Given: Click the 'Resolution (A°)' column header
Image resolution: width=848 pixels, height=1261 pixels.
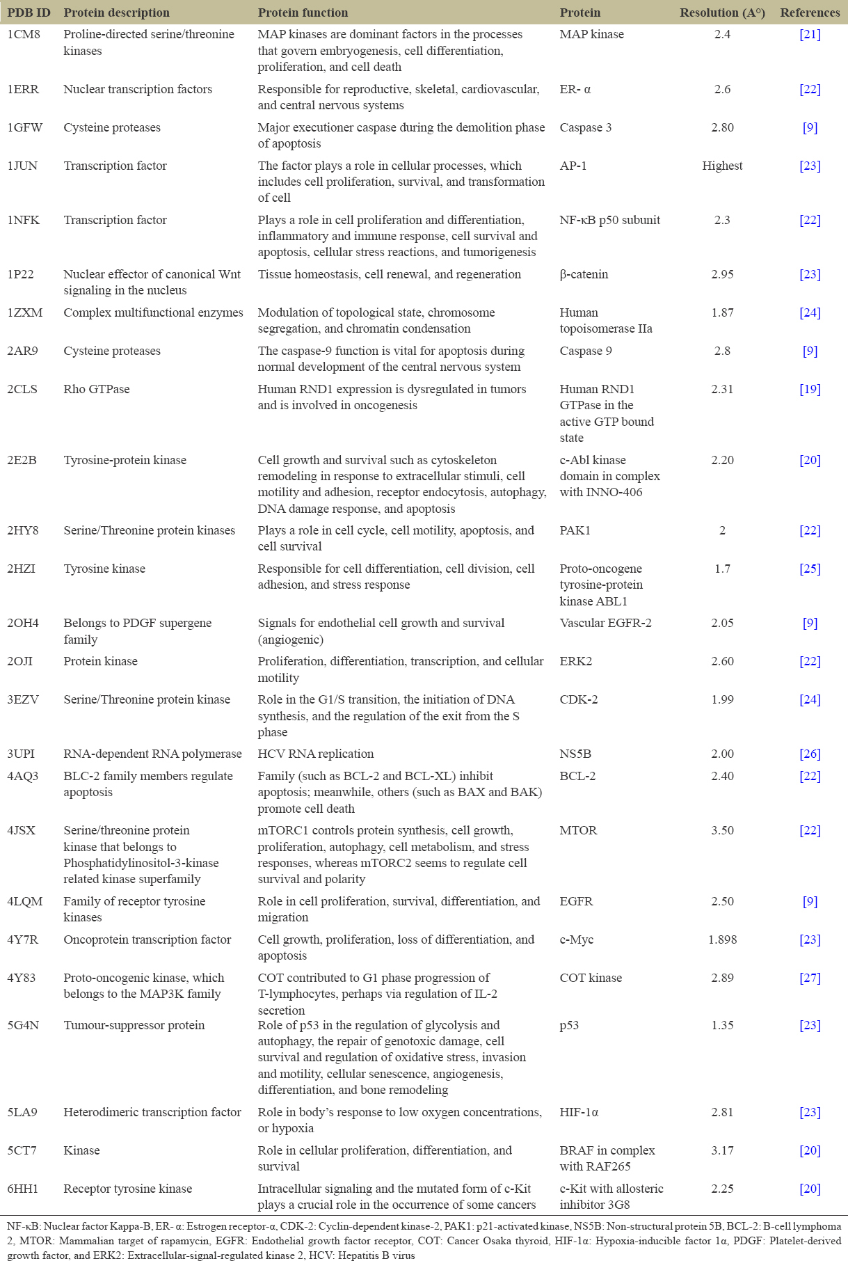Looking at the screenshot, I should (722, 13).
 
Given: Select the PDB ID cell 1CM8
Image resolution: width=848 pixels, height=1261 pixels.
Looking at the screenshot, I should (24, 34).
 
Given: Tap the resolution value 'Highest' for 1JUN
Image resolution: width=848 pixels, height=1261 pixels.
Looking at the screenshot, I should (722, 166).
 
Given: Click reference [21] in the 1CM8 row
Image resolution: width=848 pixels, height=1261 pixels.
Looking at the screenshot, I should (810, 34).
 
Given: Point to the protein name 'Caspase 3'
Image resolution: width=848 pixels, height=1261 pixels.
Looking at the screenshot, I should (586, 127).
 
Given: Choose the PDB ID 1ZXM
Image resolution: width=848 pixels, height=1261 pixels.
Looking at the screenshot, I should (25, 312).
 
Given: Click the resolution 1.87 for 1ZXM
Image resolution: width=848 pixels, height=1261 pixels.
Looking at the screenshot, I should (722, 312).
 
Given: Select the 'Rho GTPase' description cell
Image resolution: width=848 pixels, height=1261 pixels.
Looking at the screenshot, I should (97, 389).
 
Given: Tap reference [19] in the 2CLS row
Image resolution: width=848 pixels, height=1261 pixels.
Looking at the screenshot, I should (810, 389).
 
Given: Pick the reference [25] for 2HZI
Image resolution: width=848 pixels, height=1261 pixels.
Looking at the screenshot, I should (810, 569).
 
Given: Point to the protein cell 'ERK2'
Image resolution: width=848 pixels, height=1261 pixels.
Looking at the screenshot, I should (576, 661).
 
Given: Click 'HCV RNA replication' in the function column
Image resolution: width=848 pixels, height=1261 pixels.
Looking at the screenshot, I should (316, 754).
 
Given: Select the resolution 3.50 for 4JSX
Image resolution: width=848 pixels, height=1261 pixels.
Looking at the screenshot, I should (722, 830).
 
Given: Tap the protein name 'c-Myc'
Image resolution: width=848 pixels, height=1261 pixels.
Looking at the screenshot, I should (577, 939).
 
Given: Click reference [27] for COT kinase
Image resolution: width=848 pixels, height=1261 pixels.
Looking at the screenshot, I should (810, 978).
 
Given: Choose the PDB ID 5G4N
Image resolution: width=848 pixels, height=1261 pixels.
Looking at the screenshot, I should (24, 1025).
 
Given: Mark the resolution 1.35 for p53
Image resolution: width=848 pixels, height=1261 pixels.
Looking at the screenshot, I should (722, 1025).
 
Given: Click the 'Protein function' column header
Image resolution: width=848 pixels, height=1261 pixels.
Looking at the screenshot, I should (303, 13).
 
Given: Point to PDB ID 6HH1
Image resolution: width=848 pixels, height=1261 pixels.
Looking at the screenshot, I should (23, 1189).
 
